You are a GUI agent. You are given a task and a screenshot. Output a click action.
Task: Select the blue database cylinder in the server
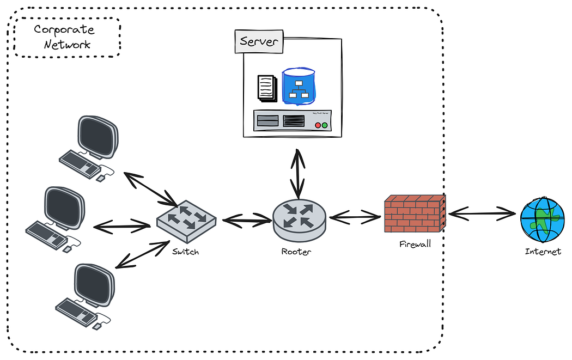click(298, 86)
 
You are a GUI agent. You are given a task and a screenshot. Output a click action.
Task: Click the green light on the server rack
click(325, 125)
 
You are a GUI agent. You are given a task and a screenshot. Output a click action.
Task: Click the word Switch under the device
click(186, 252)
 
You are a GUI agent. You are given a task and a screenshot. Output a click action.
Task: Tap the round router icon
click(299, 218)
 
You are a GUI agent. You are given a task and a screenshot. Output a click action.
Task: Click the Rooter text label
click(296, 252)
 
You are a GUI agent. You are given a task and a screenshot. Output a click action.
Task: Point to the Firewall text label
click(415, 244)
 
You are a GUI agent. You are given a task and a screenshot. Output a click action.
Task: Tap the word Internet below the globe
click(543, 252)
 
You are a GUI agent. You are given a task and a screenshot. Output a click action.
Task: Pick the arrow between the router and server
click(297, 173)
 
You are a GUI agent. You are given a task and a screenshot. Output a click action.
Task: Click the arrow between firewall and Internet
click(482, 214)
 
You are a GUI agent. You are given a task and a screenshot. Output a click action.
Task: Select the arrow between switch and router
click(247, 220)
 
